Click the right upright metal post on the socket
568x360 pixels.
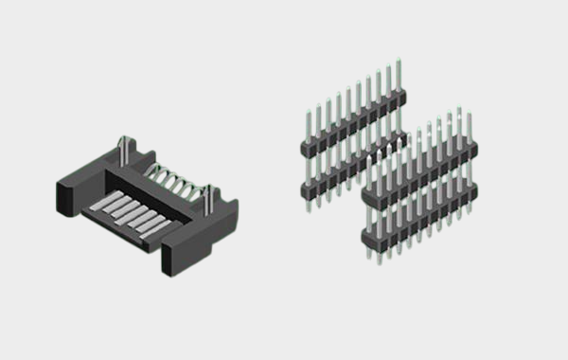208,194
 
